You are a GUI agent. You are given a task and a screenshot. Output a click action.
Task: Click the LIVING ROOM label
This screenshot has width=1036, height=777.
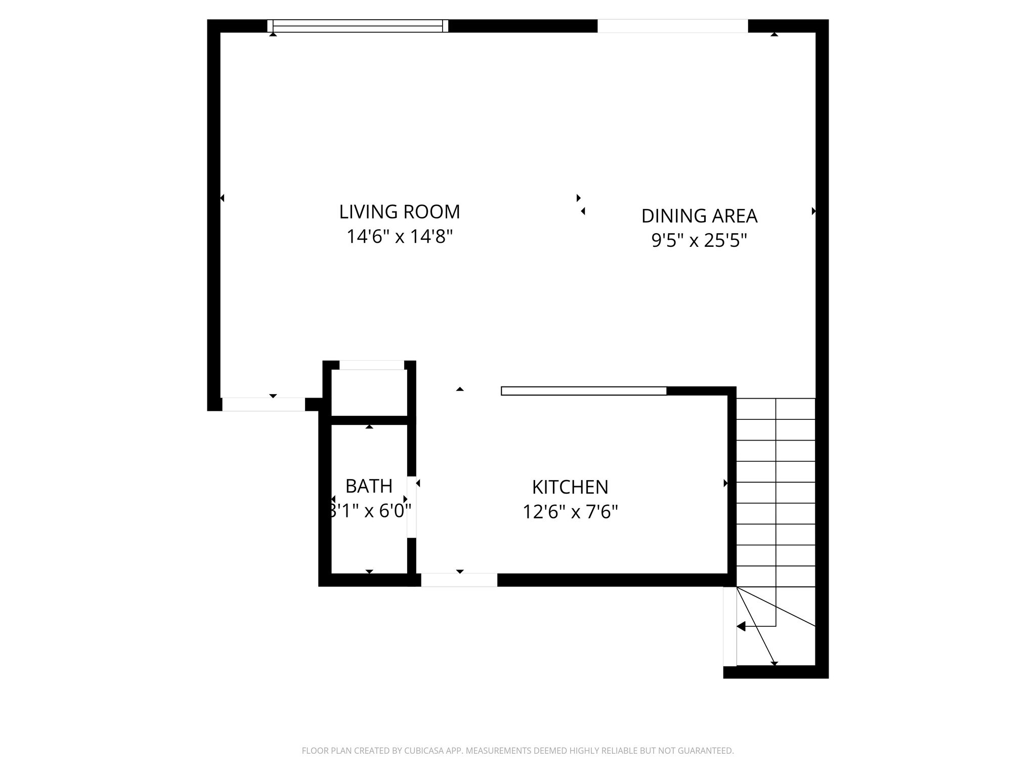click(399, 212)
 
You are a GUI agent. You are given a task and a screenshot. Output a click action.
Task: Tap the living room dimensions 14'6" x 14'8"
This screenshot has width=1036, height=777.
click(399, 237)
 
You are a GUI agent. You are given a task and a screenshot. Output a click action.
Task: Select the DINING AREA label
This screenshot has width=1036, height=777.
click(699, 216)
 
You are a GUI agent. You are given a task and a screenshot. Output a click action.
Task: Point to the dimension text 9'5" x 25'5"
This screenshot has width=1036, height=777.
click(699, 240)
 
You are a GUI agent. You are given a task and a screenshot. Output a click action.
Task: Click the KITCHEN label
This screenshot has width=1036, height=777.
click(570, 487)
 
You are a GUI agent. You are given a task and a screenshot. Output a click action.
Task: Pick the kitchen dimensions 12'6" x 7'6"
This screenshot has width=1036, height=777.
click(570, 512)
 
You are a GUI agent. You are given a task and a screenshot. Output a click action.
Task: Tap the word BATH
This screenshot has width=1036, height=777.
click(369, 486)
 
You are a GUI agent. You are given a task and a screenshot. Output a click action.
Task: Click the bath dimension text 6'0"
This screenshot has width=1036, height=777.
click(393, 511)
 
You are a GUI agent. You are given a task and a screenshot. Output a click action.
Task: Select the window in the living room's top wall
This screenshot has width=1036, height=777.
click(358, 26)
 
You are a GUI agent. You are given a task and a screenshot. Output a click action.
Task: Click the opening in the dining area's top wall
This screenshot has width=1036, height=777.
click(672, 26)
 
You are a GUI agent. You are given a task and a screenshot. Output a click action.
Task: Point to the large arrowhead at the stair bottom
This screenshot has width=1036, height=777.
click(741, 626)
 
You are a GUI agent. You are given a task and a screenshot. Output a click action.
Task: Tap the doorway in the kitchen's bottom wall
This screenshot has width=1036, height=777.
click(459, 580)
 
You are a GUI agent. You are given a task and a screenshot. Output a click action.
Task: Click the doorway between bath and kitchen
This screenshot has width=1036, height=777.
click(412, 507)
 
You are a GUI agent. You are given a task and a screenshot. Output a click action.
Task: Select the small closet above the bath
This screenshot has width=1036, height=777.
click(369, 392)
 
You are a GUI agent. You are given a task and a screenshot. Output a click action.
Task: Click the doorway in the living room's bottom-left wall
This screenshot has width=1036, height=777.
click(264, 404)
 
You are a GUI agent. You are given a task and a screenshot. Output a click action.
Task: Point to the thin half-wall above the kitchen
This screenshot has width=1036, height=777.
click(584, 391)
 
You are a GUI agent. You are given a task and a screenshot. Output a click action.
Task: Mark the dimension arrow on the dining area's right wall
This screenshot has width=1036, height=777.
click(813, 211)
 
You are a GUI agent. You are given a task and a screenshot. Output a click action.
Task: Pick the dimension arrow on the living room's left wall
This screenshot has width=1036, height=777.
click(222, 198)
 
